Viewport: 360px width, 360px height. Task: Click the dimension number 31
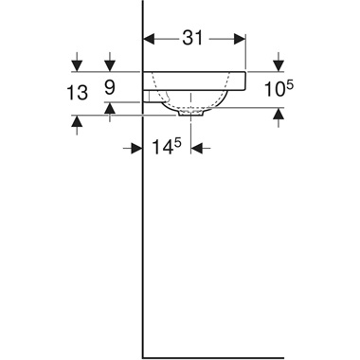coord(193,39)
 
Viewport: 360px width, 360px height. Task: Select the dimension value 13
coord(78,93)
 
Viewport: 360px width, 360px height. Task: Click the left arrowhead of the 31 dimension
coord(148,39)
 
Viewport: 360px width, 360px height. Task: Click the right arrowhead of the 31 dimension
coord(241,39)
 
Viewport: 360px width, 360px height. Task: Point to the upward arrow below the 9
coord(111,109)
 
